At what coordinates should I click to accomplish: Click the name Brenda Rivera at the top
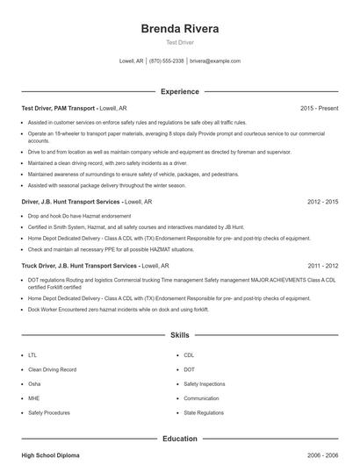[x=180, y=29]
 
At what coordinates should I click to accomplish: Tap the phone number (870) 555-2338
[x=167, y=61]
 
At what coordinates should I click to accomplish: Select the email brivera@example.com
[x=214, y=61]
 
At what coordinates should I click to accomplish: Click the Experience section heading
[x=180, y=91]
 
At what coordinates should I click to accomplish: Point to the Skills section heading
[x=180, y=335]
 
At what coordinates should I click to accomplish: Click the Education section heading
[x=180, y=439]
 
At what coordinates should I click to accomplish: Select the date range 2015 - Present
[x=319, y=108]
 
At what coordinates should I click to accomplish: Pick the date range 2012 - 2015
[x=322, y=201]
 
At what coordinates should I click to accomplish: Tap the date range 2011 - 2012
[x=322, y=264]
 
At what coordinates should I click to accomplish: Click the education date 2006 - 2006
[x=322, y=456]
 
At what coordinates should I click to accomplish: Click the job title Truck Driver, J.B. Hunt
[x=79, y=264]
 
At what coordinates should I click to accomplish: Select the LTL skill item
[x=32, y=355]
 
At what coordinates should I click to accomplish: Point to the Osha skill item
[x=34, y=383]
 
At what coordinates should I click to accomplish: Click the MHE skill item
[x=33, y=397]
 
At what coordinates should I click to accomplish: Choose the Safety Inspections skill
[x=204, y=383]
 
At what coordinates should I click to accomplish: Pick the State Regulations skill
[x=204, y=411]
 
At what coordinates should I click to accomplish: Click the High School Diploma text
[x=50, y=456]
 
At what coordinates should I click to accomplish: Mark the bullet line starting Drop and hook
[x=79, y=215]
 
